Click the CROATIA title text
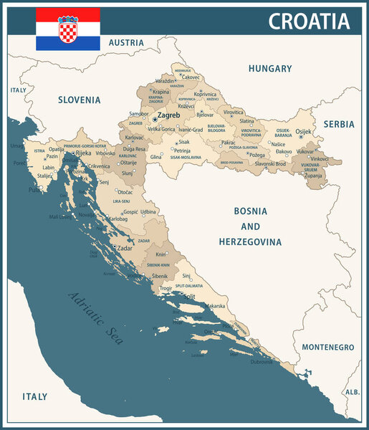pyautogui.click(x=309, y=21)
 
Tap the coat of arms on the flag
pyautogui.click(x=68, y=29)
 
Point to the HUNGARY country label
pyautogui.click(x=270, y=69)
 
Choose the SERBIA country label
pyautogui.click(x=338, y=124)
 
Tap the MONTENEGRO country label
pyautogui.click(x=327, y=347)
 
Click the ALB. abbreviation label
pyautogui.click(x=352, y=393)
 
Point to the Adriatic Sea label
pyautogui.click(x=96, y=318)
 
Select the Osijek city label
pyautogui.click(x=304, y=132)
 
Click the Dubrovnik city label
pyautogui.click(x=262, y=362)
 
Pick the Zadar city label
pyautogui.click(x=124, y=247)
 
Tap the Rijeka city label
pyautogui.click(x=83, y=153)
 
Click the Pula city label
pyautogui.click(x=34, y=190)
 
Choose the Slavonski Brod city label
pyautogui.click(x=270, y=164)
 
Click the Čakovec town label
pyautogui.click(x=191, y=77)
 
